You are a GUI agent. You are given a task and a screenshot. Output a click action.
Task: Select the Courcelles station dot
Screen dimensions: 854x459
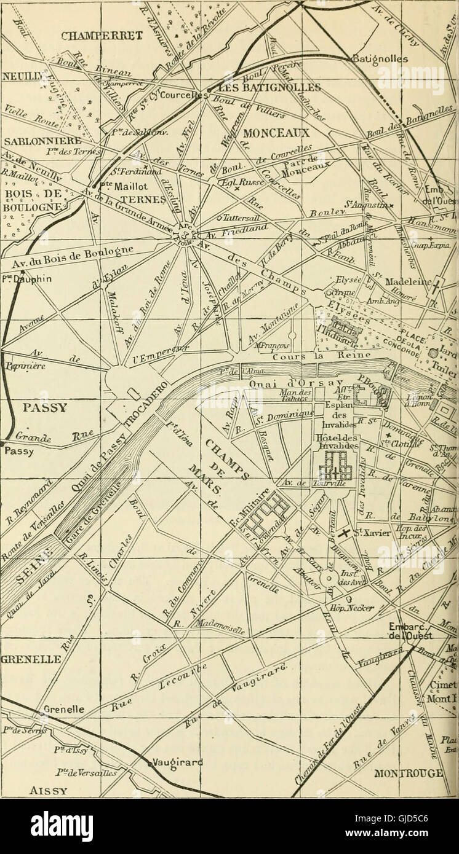(209, 91)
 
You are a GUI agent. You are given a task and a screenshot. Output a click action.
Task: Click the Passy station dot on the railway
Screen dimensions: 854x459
(3, 442)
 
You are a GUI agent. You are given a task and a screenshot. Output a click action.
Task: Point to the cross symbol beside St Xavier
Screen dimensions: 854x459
(345, 533)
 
